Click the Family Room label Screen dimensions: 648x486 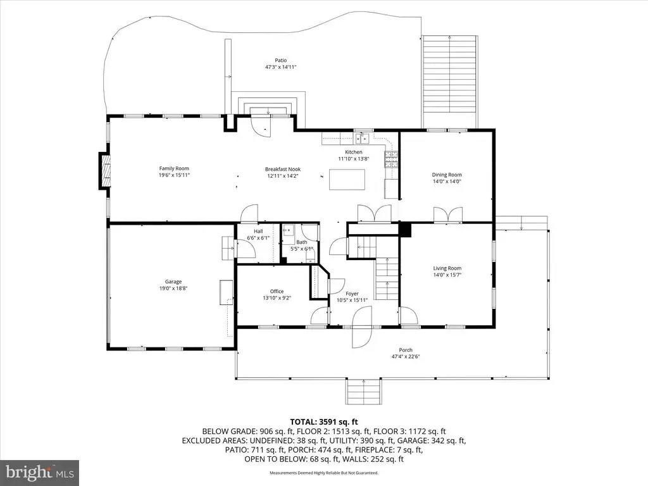click(x=174, y=168)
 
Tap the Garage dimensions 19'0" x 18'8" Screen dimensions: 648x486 click(x=173, y=289)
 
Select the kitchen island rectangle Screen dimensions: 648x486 click(x=347, y=179)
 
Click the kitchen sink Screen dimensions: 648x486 click(x=362, y=139)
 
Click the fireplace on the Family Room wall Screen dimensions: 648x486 click(x=104, y=171)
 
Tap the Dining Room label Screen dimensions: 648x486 click(x=447, y=175)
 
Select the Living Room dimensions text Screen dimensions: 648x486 click(x=447, y=275)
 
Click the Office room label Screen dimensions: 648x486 click(x=277, y=291)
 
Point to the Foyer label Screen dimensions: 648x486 click(x=352, y=294)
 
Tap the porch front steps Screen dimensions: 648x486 click(x=363, y=391)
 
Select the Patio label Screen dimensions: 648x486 click(x=281, y=60)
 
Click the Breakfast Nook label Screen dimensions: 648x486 click(x=283, y=169)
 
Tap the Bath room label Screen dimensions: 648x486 click(x=302, y=242)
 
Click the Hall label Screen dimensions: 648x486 click(x=258, y=232)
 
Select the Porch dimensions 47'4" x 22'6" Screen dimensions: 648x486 click(x=406, y=357)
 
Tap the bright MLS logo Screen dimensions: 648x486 click(x=40, y=472)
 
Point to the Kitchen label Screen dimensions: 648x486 click(x=354, y=152)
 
